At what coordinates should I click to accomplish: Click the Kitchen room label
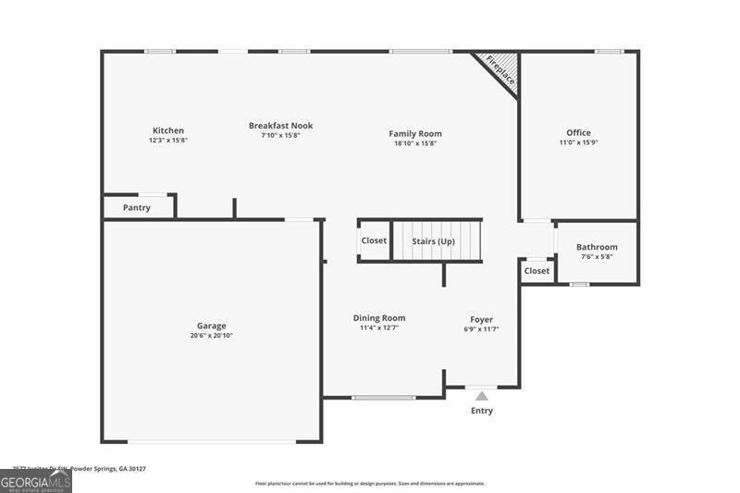[x=168, y=130]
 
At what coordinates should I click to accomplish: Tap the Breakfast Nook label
[x=280, y=126]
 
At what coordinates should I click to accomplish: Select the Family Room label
[x=414, y=134]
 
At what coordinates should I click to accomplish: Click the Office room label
[x=578, y=133]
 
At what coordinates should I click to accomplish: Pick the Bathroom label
[x=597, y=247]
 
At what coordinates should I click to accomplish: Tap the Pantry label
[x=137, y=208]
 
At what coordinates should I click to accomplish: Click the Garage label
[x=211, y=326]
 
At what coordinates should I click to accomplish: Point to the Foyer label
[x=481, y=319]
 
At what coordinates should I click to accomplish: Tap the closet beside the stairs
[x=374, y=240]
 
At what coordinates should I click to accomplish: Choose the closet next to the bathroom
[x=536, y=271]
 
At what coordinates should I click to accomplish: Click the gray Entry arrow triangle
[x=481, y=396]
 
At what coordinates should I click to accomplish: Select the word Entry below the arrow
[x=482, y=411]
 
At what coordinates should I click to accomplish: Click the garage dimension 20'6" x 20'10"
[x=211, y=336]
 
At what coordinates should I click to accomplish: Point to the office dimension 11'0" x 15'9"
[x=578, y=142]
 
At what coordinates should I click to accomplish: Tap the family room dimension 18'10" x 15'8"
[x=414, y=143]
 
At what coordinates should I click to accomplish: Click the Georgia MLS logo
[x=35, y=481]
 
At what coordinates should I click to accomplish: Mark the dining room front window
[x=383, y=398]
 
